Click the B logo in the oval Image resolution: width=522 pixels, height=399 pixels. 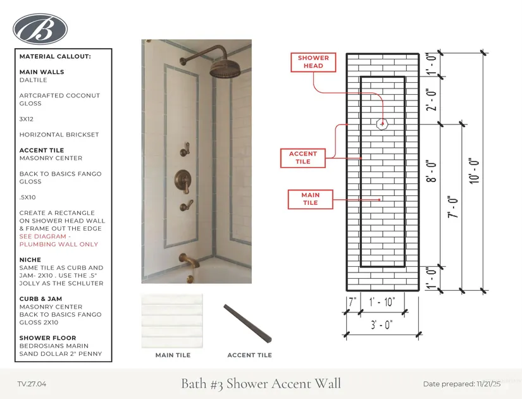[40, 28]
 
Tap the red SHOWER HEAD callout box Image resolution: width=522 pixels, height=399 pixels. [313, 62]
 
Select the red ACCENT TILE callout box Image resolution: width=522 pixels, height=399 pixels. [303, 157]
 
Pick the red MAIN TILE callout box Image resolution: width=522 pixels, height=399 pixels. [310, 199]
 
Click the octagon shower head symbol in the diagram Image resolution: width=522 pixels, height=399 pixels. [382, 124]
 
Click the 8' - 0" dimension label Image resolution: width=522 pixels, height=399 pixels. [433, 171]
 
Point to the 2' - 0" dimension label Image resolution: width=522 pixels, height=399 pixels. [433, 99]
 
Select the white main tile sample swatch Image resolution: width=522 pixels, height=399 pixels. [172, 321]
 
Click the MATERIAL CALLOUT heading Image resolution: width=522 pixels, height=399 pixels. [55, 57]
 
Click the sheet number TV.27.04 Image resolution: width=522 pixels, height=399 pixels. [32, 384]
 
